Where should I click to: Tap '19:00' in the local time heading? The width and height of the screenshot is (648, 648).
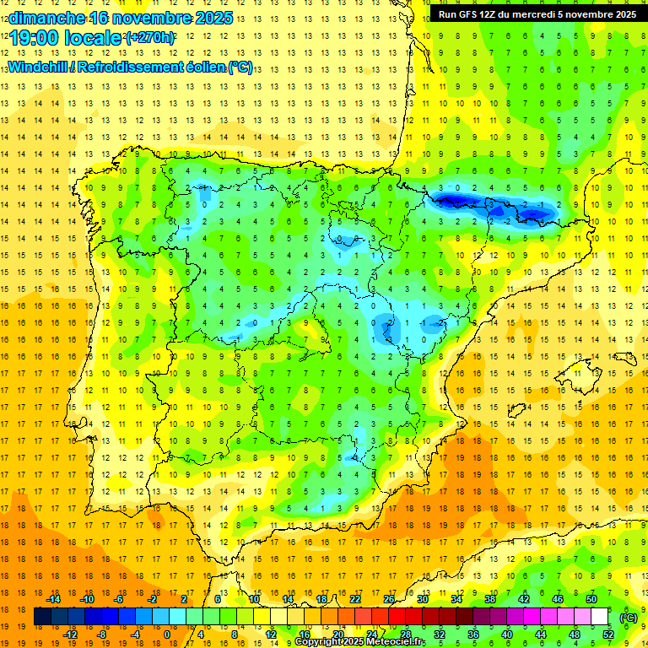[34, 37]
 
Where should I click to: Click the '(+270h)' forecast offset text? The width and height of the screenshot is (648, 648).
[151, 37]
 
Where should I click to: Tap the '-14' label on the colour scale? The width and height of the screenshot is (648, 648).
[54, 599]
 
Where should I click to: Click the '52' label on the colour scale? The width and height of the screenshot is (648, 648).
[607, 634]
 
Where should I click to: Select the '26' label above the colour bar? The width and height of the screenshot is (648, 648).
[389, 599]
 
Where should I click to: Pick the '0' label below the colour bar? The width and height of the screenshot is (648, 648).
[166, 634]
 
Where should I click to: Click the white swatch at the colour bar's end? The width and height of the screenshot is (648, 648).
[599, 617]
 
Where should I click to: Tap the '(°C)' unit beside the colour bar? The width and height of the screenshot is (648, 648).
[629, 617]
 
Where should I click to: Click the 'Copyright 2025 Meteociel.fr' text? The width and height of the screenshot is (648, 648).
[359, 642]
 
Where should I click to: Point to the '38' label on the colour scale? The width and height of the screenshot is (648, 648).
[490, 599]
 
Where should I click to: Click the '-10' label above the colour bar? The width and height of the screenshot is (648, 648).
[87, 599]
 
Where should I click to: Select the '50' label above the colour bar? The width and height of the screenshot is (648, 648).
[591, 599]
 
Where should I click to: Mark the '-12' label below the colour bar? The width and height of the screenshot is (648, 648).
[71, 634]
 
